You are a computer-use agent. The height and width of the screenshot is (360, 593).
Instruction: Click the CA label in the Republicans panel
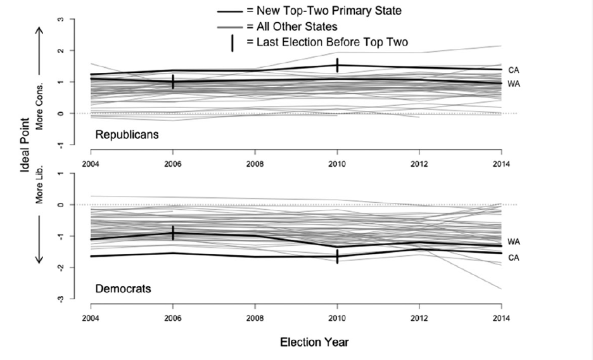click(514, 70)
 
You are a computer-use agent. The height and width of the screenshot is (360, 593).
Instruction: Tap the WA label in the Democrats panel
click(514, 242)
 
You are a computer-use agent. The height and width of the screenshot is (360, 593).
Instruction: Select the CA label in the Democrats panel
click(514, 258)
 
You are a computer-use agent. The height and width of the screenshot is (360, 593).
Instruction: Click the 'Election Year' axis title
click(314, 342)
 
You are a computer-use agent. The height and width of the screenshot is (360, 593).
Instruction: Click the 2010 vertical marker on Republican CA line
click(337, 65)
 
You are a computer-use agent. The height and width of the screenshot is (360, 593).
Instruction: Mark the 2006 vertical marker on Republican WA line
click(173, 82)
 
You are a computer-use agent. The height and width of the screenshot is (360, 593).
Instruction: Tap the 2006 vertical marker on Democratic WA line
click(173, 233)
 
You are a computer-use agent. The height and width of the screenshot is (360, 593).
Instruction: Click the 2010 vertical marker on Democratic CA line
click(337, 256)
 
